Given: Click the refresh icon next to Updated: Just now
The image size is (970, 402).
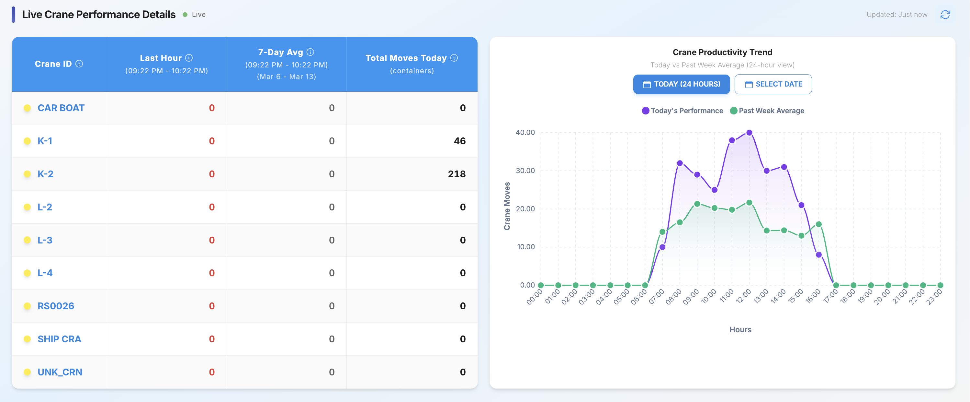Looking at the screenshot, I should [x=945, y=15].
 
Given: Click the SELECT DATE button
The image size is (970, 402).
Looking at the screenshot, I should [x=773, y=84].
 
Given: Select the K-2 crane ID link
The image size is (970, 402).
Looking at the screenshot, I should [x=45, y=174].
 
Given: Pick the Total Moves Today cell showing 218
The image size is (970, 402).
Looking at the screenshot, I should [x=457, y=174].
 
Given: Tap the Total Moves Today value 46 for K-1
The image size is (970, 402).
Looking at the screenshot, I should [x=459, y=141].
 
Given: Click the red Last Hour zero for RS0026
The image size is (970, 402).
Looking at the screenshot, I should [x=212, y=306].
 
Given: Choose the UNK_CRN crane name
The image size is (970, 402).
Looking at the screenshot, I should [x=60, y=372].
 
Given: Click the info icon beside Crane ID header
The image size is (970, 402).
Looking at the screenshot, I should [x=79, y=64].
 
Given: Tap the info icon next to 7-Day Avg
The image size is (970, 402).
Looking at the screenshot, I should [x=310, y=52].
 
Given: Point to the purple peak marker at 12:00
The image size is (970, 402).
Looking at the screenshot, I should [x=749, y=133].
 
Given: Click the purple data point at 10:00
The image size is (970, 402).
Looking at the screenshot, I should [x=714, y=190].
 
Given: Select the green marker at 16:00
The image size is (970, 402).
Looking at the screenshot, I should [x=818, y=224].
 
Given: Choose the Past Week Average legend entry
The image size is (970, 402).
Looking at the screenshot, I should [x=767, y=111].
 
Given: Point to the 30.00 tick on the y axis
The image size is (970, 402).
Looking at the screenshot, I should [x=525, y=171].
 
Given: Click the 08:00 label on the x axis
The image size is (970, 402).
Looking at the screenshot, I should [x=673, y=297].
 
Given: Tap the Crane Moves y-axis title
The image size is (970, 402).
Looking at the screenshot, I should [x=507, y=206].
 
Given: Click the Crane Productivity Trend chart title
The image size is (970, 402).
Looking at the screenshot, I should [x=722, y=52].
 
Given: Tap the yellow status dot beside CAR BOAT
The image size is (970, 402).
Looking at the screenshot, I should [x=27, y=108].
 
